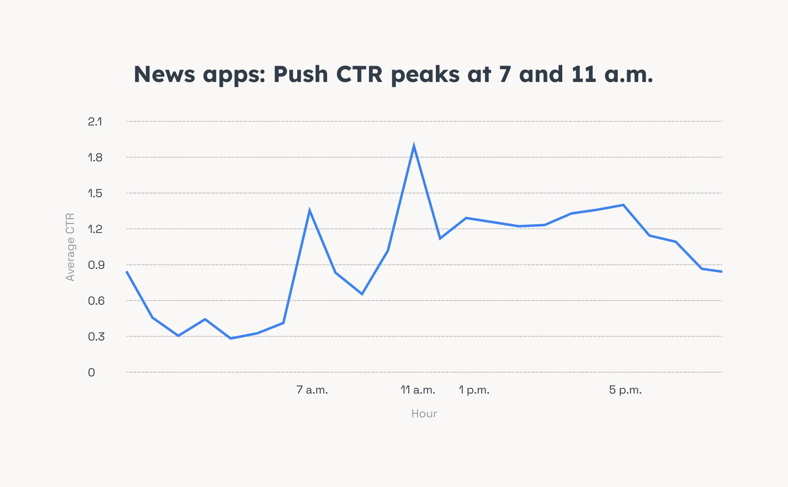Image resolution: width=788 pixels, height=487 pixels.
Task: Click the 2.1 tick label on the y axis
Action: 95,122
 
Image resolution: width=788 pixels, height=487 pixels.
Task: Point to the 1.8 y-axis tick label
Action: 95,157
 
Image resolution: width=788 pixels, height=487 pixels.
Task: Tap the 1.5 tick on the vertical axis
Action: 95,193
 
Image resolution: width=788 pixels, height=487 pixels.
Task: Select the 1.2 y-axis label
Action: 95,229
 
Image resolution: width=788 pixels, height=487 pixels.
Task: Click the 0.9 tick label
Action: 96,265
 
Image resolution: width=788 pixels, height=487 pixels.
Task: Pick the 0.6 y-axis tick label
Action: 96,301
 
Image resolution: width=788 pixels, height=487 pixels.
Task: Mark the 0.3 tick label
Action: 96,337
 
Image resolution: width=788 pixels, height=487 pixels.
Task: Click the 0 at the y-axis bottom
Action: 92,373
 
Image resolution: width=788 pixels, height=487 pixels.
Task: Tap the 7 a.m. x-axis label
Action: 312,390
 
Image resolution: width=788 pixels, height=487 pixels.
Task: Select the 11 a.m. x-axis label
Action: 418,390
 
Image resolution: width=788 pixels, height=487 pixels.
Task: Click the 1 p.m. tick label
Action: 474,390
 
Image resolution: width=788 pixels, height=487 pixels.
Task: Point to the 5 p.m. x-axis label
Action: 625,390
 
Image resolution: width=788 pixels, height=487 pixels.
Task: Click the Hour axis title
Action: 424,414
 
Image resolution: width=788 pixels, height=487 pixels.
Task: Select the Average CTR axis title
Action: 70,247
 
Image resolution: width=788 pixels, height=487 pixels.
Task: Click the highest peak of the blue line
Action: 414,146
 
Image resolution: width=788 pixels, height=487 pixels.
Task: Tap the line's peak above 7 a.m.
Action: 309,211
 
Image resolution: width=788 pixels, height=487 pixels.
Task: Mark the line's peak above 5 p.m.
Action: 623,205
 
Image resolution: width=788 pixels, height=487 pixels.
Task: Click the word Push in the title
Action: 300,75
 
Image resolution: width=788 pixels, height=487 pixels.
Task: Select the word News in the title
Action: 164,75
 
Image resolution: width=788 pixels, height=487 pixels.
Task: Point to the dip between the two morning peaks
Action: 362,294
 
